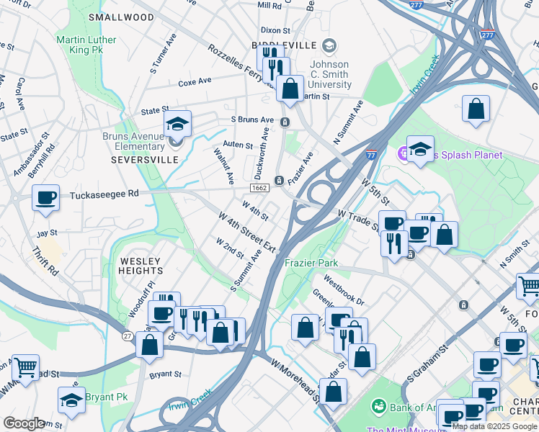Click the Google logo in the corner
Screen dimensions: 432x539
coord(24,423)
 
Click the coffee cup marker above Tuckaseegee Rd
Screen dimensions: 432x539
coord(46,198)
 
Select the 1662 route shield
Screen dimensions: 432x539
coord(259,187)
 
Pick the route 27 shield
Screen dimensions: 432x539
coord(127,336)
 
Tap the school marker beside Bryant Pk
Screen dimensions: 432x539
coord(71,400)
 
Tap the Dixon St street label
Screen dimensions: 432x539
coord(275,30)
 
